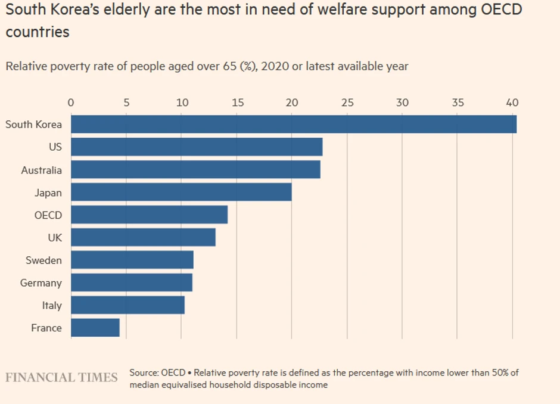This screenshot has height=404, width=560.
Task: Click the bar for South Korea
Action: click(x=293, y=125)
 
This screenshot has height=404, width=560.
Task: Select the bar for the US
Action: click(x=197, y=147)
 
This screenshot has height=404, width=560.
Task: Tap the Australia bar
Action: click(x=195, y=170)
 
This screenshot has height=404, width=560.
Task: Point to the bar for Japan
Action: click(x=181, y=192)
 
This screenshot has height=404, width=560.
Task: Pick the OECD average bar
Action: click(x=149, y=215)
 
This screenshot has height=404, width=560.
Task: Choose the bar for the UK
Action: click(x=143, y=238)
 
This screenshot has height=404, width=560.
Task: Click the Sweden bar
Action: click(x=132, y=260)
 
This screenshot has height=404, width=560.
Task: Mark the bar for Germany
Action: click(x=132, y=283)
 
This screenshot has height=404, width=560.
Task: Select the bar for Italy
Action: click(x=127, y=306)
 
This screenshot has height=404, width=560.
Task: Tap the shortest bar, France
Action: click(x=95, y=328)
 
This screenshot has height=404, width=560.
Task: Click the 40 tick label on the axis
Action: click(x=512, y=102)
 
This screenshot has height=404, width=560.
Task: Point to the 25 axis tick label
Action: click(x=347, y=102)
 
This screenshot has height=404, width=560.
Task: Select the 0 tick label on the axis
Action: click(x=71, y=102)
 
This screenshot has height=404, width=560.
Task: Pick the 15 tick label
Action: click(x=237, y=102)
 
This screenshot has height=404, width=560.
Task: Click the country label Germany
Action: click(x=41, y=283)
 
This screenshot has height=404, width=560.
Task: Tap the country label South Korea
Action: click(x=33, y=125)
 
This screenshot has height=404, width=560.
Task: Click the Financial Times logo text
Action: click(x=61, y=378)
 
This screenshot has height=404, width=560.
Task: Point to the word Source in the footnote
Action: click(x=144, y=373)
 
